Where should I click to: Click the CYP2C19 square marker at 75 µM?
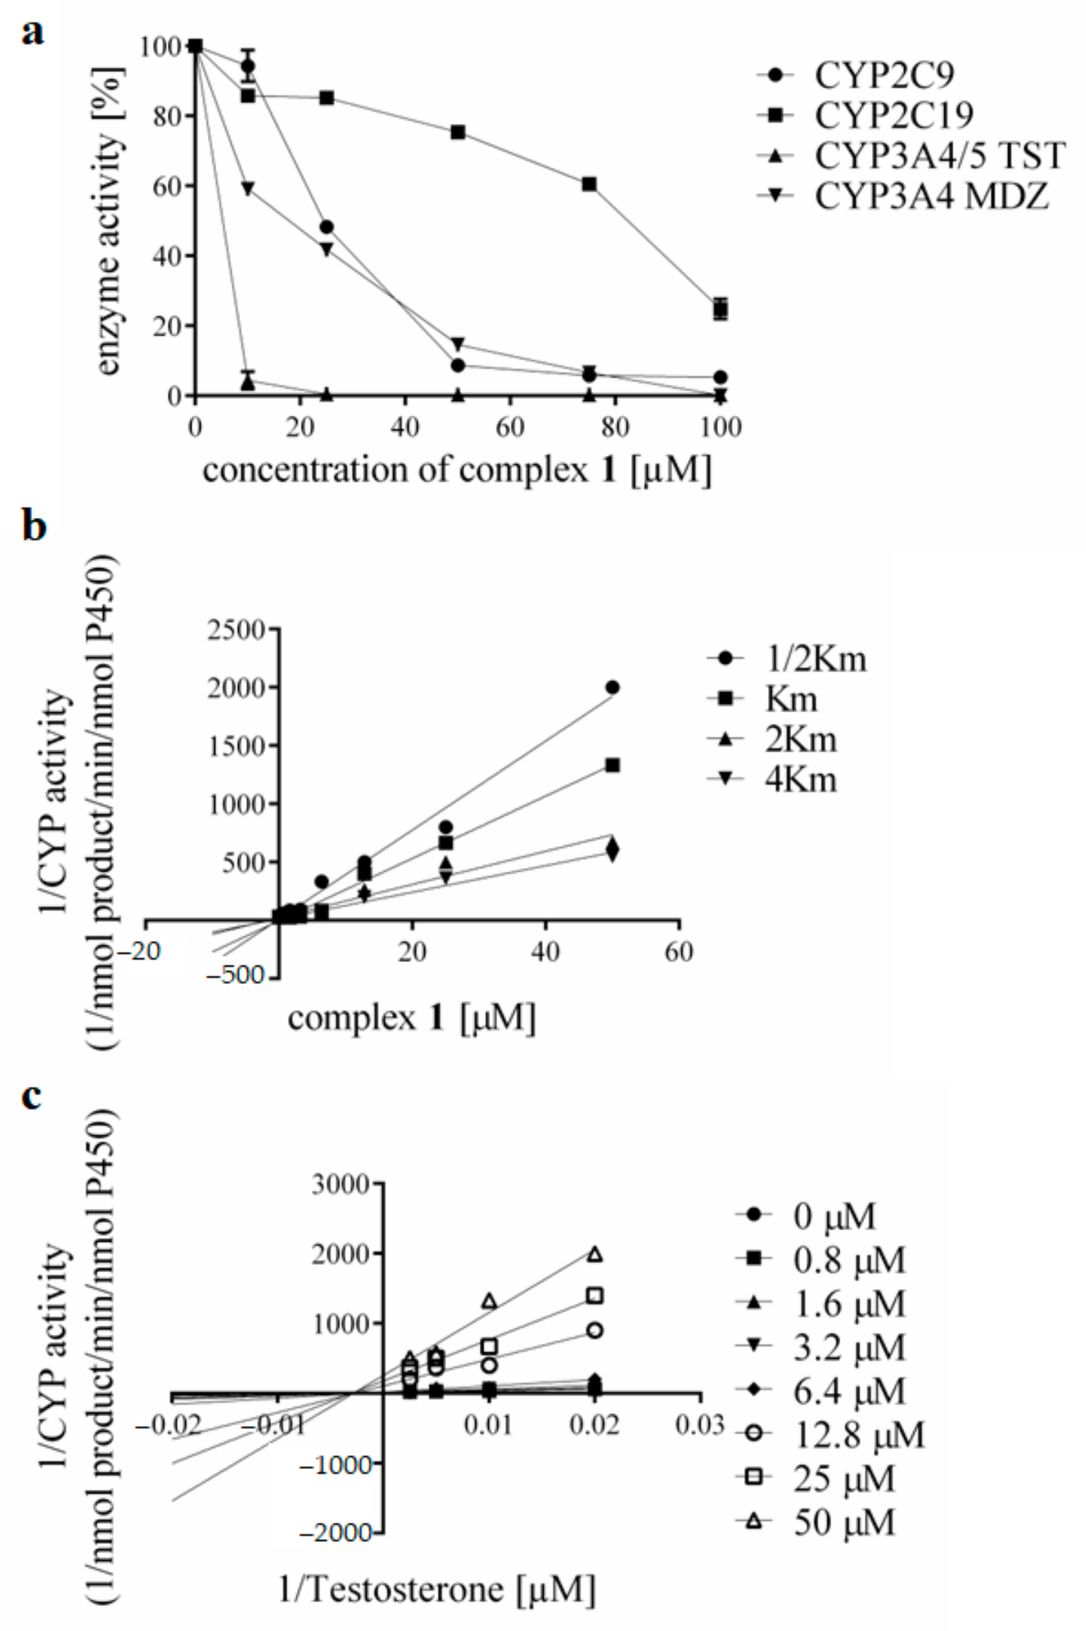click(589, 184)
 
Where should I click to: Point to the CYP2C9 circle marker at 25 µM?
click(327, 227)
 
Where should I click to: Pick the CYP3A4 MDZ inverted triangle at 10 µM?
click(249, 188)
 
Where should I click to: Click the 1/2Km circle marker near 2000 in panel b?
click(612, 687)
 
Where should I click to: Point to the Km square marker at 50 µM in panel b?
click(612, 765)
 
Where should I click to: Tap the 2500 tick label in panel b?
click(240, 630)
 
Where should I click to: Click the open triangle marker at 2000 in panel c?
click(595, 1253)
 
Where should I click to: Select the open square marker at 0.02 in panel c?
click(595, 1295)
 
